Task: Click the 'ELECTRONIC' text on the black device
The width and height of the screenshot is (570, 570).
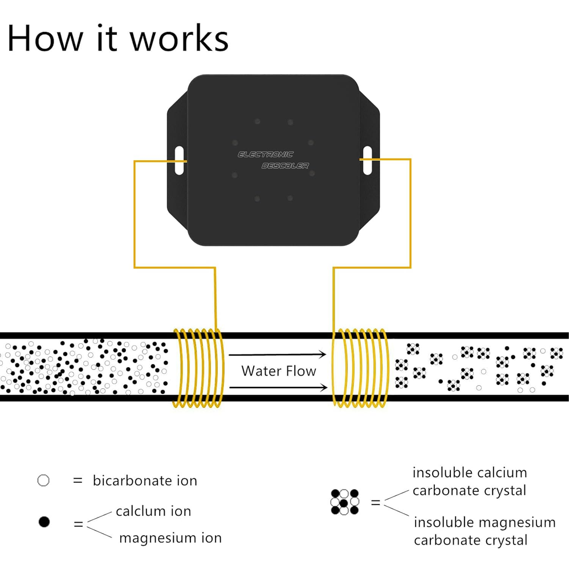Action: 266,154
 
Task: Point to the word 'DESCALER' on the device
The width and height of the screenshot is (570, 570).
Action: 285,165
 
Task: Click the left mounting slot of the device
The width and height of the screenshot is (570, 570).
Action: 179,160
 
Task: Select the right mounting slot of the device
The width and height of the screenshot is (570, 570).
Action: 367,160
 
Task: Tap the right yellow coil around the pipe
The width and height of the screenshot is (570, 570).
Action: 361,368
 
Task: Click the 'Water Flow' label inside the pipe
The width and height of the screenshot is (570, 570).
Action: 278,371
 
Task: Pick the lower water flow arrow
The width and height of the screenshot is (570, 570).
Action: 278,388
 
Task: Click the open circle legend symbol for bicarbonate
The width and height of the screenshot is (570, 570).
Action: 43,481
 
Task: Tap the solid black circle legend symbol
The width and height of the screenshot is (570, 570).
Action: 44,522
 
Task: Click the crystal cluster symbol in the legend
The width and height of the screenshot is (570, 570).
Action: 345,502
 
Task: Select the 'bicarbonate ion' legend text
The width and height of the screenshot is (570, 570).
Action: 145,481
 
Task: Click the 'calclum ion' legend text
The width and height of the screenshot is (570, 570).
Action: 153,511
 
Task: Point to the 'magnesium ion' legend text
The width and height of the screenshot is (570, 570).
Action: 170,538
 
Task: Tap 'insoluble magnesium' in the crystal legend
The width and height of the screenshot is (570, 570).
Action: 484,522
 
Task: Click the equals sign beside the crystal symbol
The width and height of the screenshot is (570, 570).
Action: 376,503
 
